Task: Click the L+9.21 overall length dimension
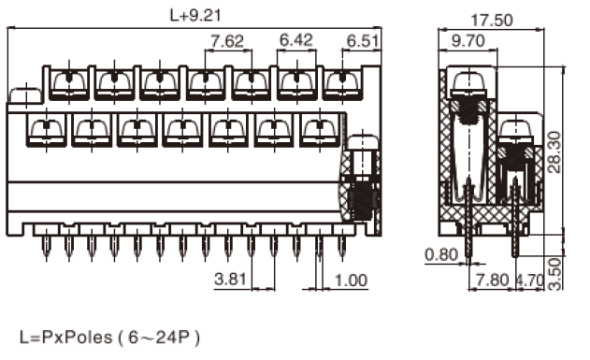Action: [x=195, y=15]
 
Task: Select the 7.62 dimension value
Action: [x=227, y=41]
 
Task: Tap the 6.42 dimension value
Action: [x=296, y=40]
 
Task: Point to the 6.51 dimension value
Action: [x=363, y=41]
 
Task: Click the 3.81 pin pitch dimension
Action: [x=230, y=280]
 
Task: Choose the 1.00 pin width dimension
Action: [x=351, y=281]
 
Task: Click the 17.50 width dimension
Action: [x=492, y=20]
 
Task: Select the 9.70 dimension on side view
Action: [x=468, y=40]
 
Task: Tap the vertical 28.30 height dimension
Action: [x=554, y=152]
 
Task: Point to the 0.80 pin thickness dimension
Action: [x=441, y=255]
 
